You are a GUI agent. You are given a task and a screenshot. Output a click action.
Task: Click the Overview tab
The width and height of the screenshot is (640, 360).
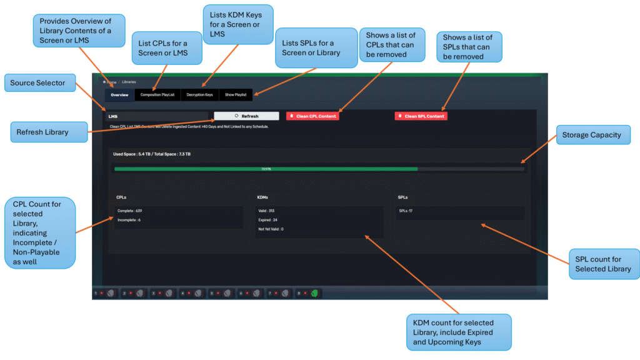click(119, 95)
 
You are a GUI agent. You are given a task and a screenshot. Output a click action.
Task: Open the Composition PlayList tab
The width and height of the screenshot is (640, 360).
click(157, 95)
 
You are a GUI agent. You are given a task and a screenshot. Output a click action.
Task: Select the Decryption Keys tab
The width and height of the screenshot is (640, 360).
click(199, 95)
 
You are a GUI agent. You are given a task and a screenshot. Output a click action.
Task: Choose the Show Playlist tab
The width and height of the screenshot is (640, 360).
click(236, 95)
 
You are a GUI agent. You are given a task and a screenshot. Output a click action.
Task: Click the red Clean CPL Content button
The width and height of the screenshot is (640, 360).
click(312, 116)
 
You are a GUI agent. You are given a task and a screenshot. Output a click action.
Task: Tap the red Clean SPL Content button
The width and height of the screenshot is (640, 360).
click(421, 116)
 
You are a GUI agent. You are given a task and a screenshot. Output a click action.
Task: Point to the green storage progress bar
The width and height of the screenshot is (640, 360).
click(266, 169)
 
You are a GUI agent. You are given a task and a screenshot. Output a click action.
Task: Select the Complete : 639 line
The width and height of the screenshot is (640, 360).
click(130, 211)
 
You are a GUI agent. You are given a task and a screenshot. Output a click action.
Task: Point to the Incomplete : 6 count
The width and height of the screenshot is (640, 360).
click(129, 220)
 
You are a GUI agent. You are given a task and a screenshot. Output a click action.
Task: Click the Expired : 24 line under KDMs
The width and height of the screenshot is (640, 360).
click(267, 220)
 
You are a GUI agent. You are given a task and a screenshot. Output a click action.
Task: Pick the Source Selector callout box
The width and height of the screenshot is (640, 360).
click(42, 82)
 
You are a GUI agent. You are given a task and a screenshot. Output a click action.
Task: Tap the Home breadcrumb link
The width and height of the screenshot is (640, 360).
click(110, 82)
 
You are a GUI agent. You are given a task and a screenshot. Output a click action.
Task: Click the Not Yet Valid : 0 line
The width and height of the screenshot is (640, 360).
click(271, 229)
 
